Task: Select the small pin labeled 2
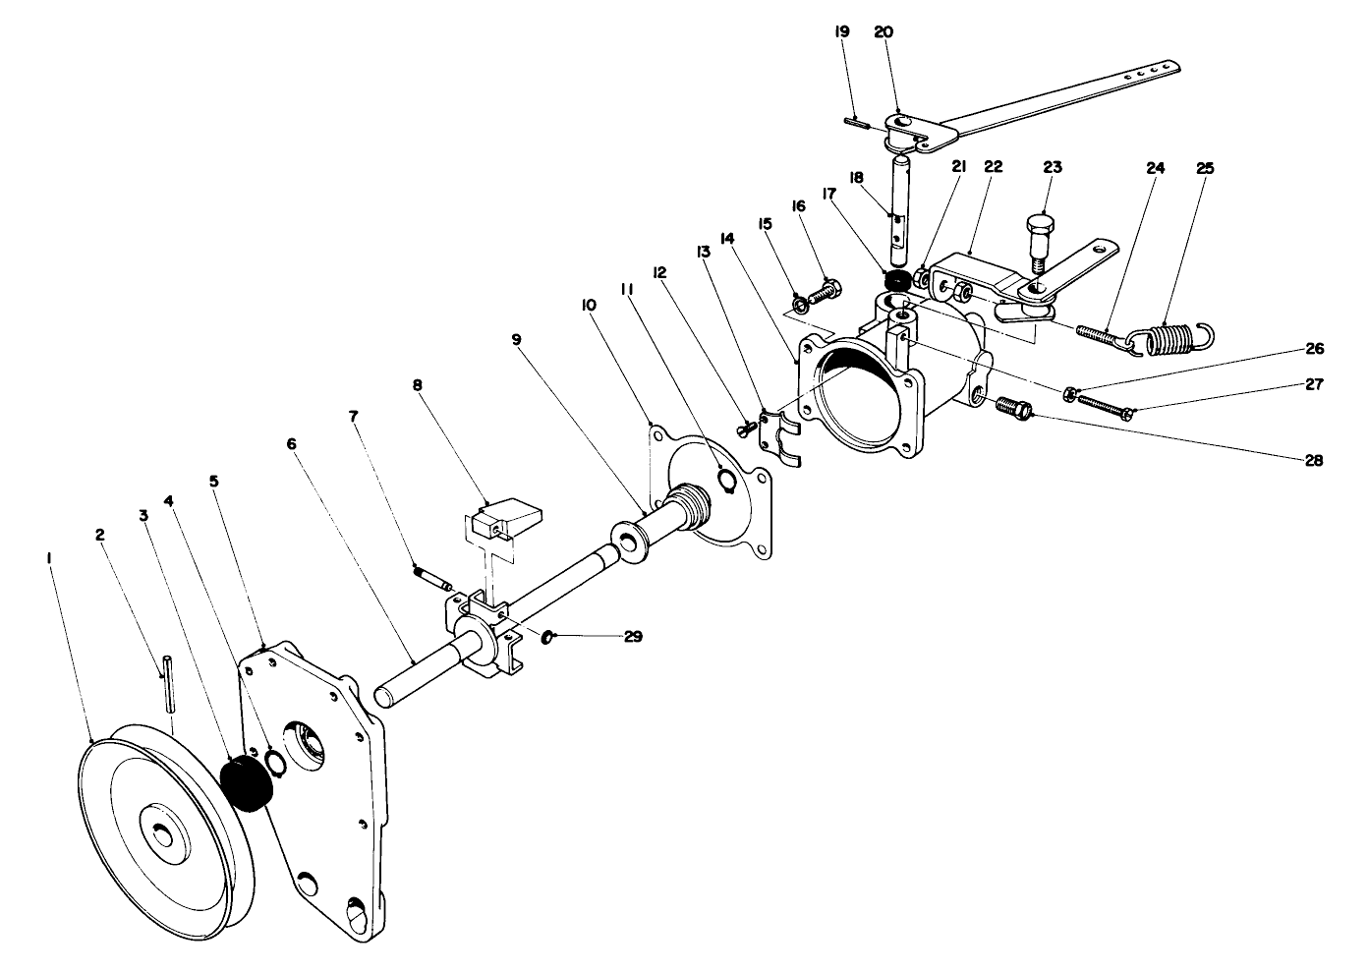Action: tap(168, 682)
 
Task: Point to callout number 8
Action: tap(417, 386)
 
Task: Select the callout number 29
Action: tap(633, 637)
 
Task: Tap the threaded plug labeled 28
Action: tap(1012, 406)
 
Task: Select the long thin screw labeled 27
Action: tap(1106, 404)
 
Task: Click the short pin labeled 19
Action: tap(856, 123)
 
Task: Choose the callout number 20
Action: tap(884, 32)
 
